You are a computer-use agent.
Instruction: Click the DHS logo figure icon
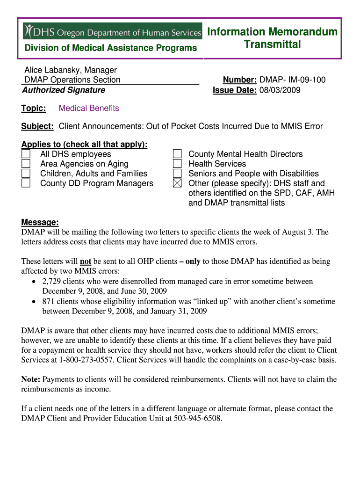[x=29, y=31]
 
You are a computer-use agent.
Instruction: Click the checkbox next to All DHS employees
[x=26, y=154]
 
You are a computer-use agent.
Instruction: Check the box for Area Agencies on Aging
[x=26, y=164]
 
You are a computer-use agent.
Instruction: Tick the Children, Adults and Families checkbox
[x=26, y=174]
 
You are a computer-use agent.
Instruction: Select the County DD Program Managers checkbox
[x=26, y=183]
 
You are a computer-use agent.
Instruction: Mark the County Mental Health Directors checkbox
[x=177, y=154]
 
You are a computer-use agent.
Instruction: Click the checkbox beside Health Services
[x=177, y=164]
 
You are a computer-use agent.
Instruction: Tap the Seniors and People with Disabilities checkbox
[x=177, y=174]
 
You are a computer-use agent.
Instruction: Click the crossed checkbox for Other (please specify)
[x=177, y=183]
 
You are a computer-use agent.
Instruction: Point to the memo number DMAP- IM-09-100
[x=292, y=80]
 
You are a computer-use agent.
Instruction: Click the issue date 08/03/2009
[x=280, y=90]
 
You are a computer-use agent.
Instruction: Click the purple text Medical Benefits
[x=89, y=108]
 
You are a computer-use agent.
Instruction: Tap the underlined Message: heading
[x=40, y=222]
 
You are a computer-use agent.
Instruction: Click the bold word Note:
[x=31, y=379]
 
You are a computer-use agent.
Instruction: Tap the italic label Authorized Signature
[x=64, y=90]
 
